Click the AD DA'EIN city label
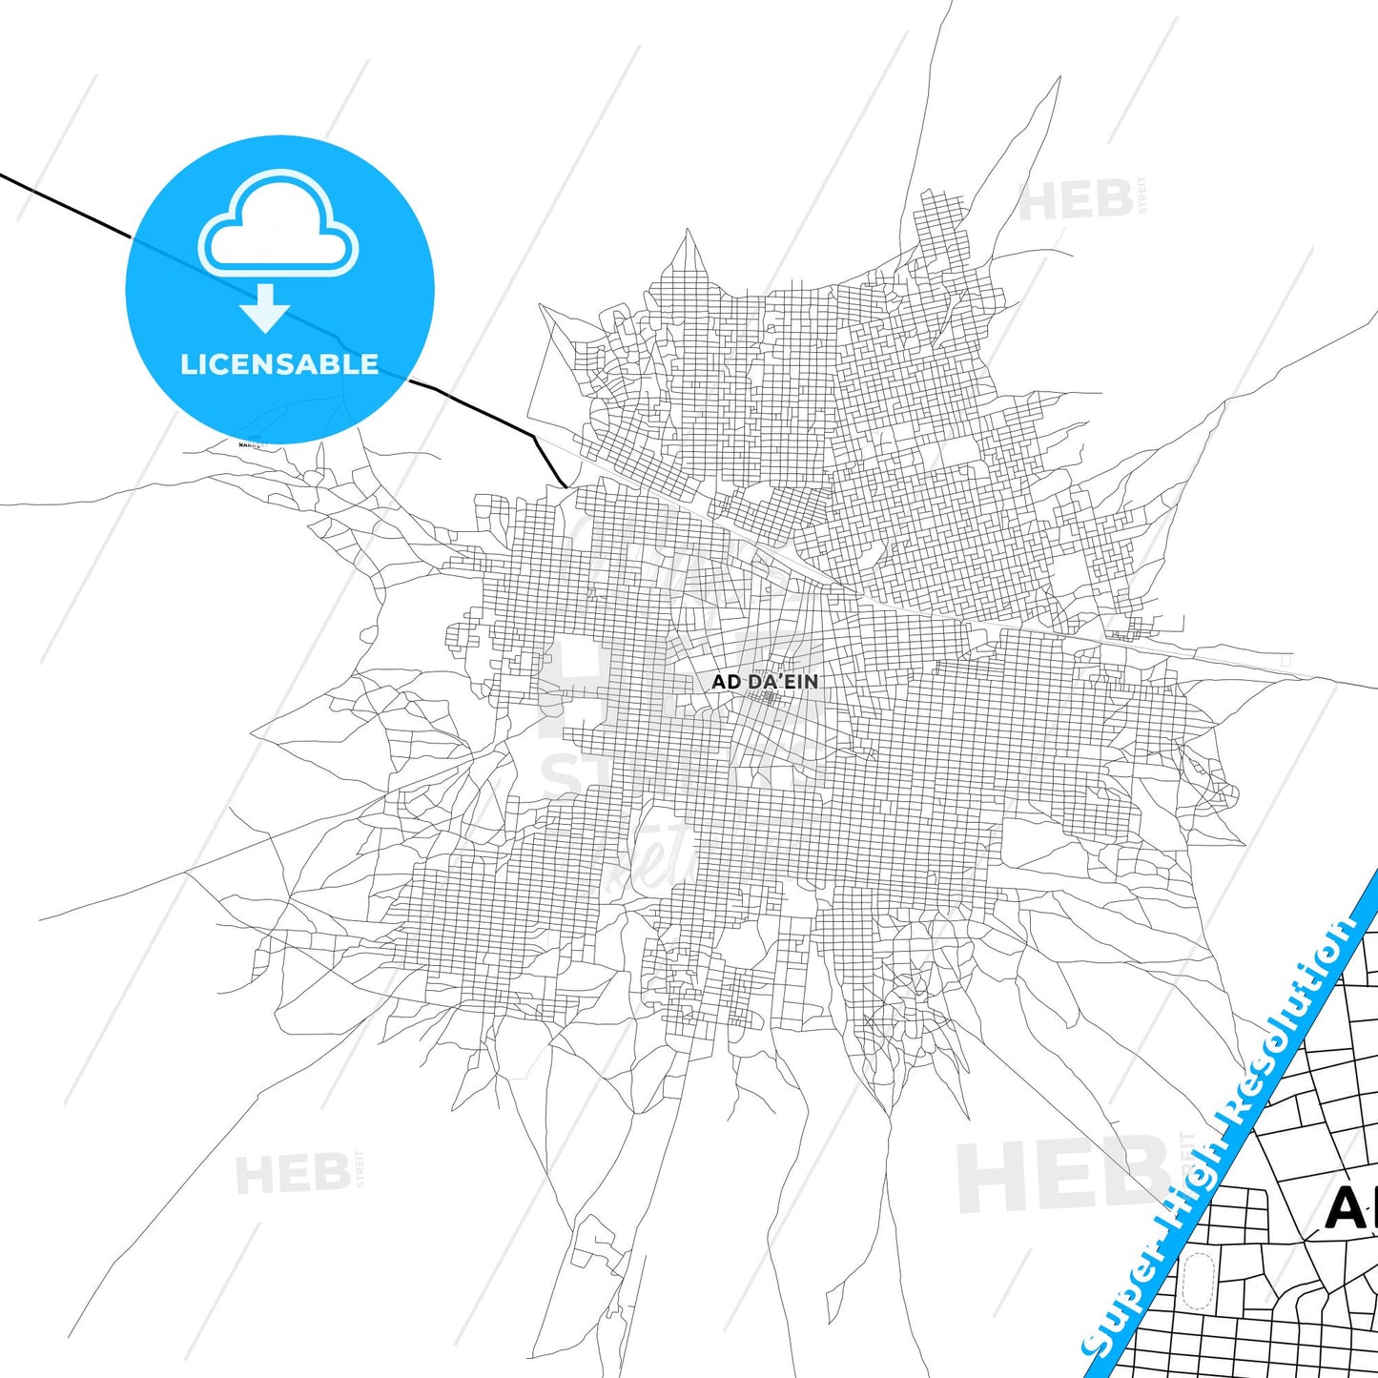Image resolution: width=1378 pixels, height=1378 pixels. (x=765, y=682)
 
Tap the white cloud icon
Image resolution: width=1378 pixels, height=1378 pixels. (x=278, y=225)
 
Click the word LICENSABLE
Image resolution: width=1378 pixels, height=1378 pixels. (x=279, y=364)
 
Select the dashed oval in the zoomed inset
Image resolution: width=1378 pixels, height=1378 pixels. (x=1198, y=1283)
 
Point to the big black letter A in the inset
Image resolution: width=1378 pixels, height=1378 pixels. (x=1347, y=1209)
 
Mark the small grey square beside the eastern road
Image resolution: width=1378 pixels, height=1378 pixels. (x=1286, y=659)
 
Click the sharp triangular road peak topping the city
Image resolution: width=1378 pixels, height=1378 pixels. (x=687, y=238)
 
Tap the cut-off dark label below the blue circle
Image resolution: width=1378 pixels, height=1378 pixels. (x=250, y=443)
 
